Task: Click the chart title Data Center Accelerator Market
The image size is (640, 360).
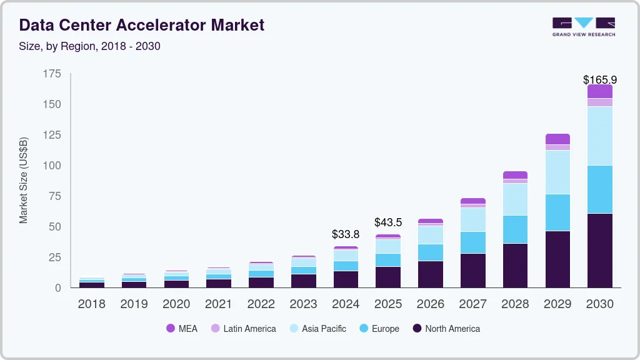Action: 142,25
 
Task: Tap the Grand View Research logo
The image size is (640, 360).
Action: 583,26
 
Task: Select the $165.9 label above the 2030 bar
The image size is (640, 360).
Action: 599,80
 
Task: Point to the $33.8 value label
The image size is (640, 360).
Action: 346,235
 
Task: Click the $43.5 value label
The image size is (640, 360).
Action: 388,222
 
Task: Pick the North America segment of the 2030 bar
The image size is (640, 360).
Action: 599,250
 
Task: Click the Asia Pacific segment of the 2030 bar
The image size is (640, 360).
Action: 599,136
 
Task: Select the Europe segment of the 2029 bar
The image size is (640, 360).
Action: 557,212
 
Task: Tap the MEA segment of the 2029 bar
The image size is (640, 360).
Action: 557,139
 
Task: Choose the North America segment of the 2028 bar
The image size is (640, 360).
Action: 515,265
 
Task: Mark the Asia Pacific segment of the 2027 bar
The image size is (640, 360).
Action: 473,219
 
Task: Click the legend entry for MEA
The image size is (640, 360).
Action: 182,329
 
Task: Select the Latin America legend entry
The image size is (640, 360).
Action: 243,329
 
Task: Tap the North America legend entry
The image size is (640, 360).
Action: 446,329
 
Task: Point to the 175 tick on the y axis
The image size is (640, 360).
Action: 52,74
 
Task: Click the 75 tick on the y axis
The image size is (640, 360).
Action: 56,196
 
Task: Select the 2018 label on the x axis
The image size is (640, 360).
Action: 92,304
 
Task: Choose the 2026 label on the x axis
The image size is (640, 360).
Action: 431,304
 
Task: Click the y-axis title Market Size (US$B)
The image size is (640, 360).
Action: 24,180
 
